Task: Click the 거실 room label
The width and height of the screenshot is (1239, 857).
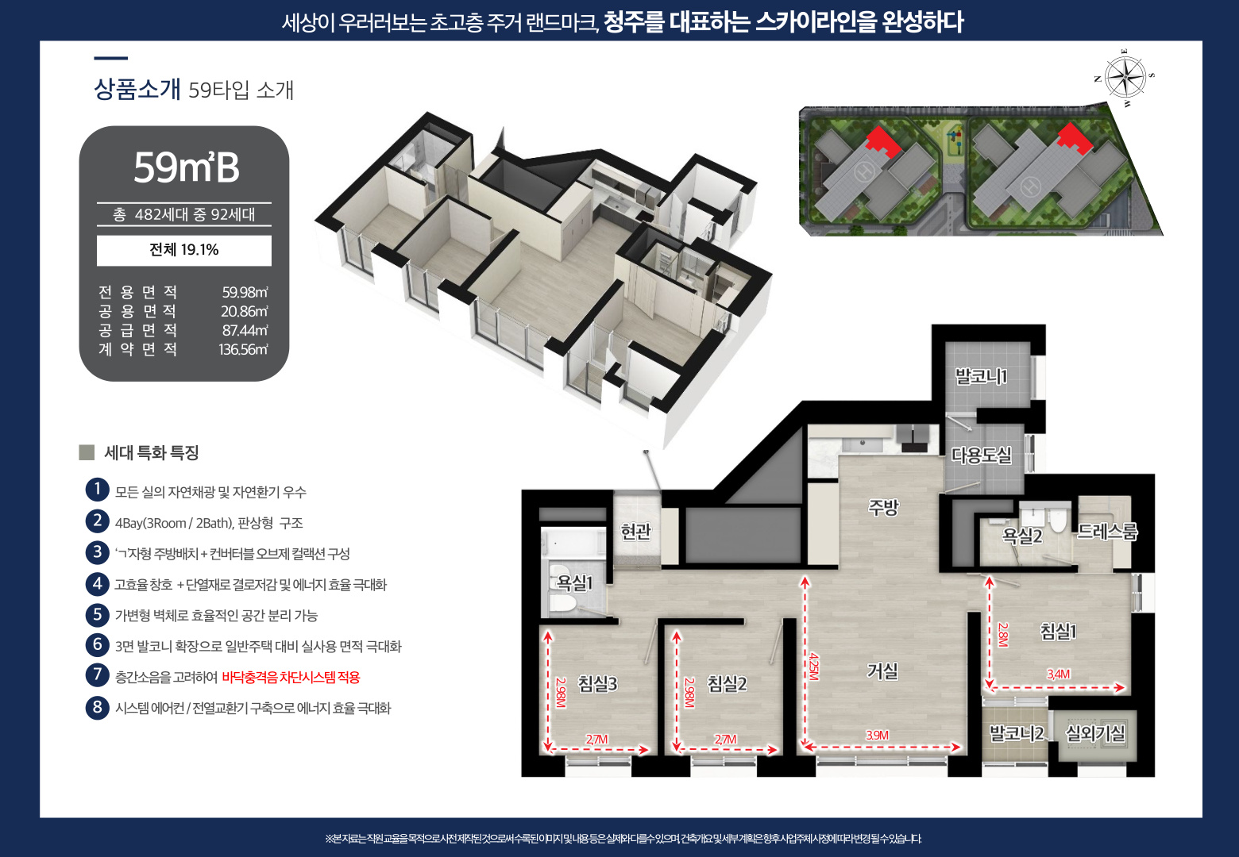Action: coord(882,671)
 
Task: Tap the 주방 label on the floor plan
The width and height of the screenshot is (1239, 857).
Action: coord(883,507)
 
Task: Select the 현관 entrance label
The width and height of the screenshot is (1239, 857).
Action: coord(636,531)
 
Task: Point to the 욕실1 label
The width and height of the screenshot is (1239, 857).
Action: coord(574,583)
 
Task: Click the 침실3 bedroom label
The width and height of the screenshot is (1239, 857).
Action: coord(597,683)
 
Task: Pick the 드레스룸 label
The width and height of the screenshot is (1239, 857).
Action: coord(1107,532)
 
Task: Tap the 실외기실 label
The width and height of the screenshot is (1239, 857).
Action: coord(1095,733)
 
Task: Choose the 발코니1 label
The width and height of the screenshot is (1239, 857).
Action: coord(981,376)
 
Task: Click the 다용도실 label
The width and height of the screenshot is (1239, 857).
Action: coord(982,455)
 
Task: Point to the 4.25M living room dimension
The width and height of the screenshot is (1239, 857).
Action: coord(813,665)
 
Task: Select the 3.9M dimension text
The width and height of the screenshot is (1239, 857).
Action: coord(878,735)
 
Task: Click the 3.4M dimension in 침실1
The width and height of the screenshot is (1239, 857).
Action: coord(1058,674)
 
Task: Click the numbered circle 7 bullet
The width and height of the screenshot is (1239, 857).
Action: coord(97,675)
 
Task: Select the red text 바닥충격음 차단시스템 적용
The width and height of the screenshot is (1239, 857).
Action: coord(291,677)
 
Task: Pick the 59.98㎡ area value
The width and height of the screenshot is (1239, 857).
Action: coord(245,292)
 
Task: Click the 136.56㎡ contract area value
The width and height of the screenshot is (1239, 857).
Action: coord(243,349)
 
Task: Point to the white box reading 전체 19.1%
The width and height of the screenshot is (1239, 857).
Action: coord(184,250)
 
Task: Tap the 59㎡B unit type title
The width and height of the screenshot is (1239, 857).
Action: coord(186,167)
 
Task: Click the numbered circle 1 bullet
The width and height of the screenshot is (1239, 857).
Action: coord(97,490)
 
